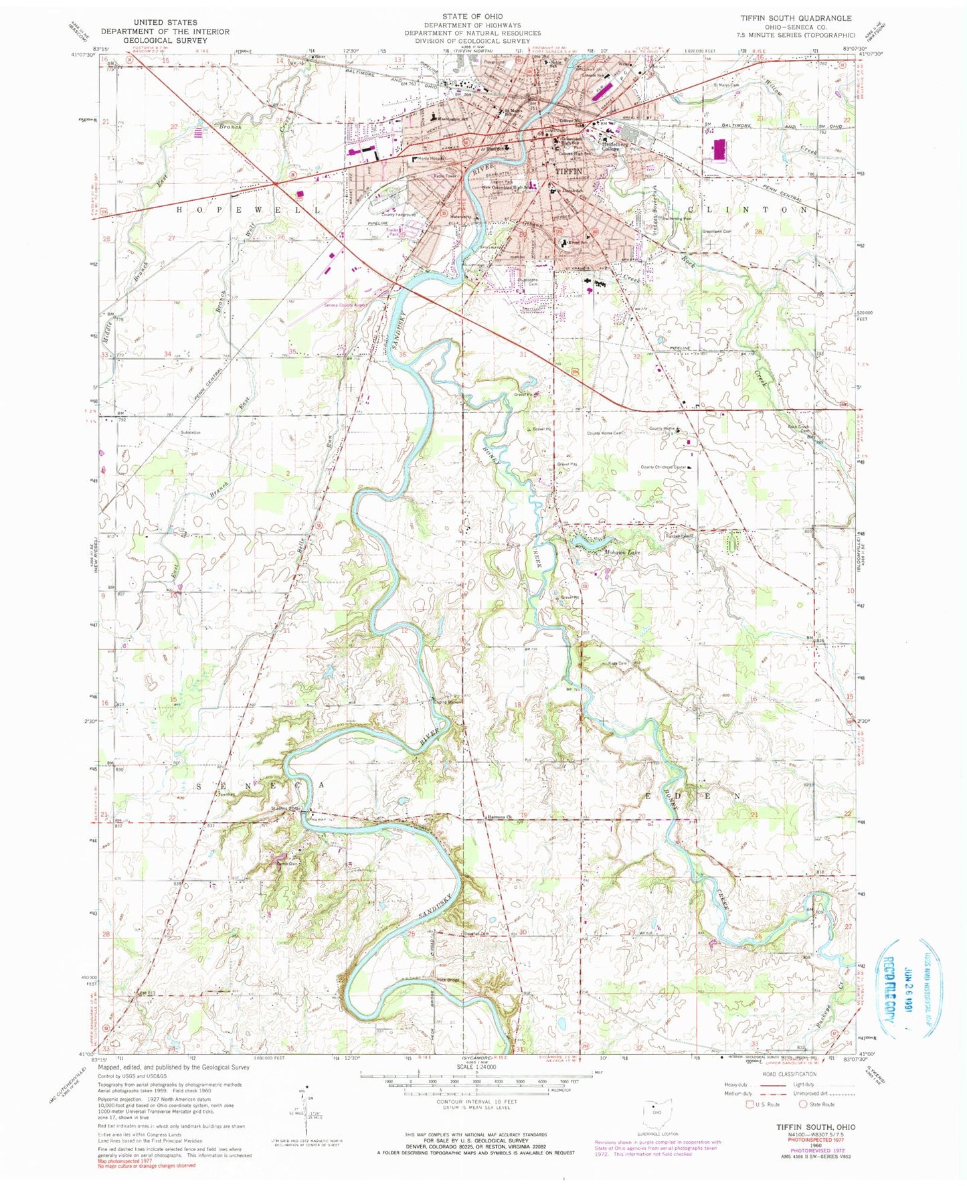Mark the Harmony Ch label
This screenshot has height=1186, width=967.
[499, 817]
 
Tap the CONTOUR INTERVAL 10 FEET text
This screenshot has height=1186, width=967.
[476, 1100]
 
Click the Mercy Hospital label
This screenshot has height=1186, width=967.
[433, 159]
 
